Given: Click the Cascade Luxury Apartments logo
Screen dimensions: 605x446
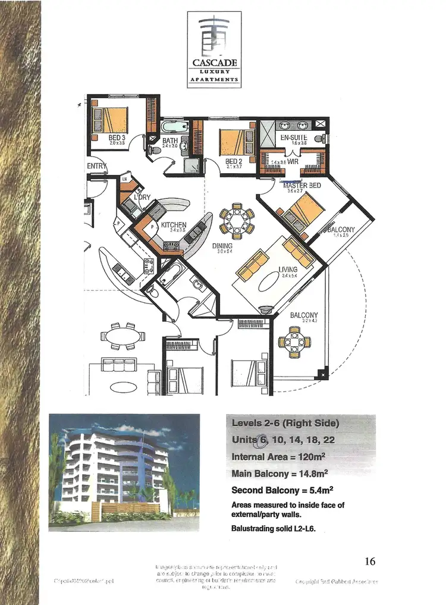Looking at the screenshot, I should (x=214, y=49).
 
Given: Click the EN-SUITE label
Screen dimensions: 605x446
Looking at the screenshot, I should (x=294, y=137).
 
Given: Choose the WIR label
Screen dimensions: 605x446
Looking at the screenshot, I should (x=293, y=161).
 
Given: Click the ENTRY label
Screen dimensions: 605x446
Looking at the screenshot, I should (x=97, y=167).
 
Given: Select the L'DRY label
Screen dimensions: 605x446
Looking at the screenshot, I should (x=142, y=197).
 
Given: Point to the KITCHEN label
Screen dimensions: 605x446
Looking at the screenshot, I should (x=174, y=225).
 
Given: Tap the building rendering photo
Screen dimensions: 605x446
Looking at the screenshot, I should (x=124, y=469).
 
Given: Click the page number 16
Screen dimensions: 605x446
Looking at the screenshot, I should (x=369, y=561).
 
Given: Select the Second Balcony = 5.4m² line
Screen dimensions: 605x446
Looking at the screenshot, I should (x=282, y=491).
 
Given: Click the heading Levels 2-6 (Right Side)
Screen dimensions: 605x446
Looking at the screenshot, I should (x=285, y=424).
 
